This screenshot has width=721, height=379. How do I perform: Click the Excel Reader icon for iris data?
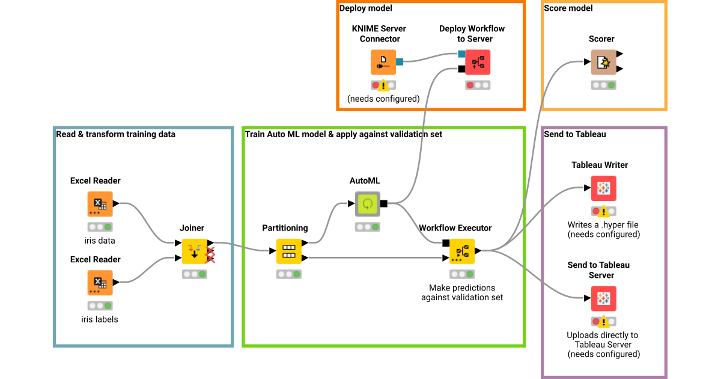coord(100,204)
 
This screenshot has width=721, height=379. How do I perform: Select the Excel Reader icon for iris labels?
coord(100,283)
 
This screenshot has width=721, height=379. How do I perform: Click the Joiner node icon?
coord(194,251)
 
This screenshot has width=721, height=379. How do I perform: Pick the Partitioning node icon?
coord(288,251)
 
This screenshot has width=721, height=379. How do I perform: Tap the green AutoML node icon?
coord(367,204)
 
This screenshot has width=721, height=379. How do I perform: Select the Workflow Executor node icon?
coord(461,251)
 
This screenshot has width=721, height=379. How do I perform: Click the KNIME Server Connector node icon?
coord(383,62)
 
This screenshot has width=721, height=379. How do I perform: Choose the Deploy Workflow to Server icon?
coord(478,62)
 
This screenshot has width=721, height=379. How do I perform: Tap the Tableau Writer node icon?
coord(603,188)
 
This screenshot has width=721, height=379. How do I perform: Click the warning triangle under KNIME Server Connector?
coord(383,85)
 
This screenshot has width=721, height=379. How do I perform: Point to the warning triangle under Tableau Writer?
coord(604,211)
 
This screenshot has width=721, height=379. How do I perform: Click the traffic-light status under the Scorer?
coord(603,85)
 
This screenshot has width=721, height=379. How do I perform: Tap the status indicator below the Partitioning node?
coord(288,274)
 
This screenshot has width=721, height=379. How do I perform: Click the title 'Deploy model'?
coord(365,8)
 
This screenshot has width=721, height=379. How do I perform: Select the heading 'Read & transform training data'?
coord(115,134)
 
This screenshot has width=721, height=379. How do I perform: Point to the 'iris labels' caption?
coord(100,319)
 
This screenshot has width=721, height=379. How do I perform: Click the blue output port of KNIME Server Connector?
coord(399,61)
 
